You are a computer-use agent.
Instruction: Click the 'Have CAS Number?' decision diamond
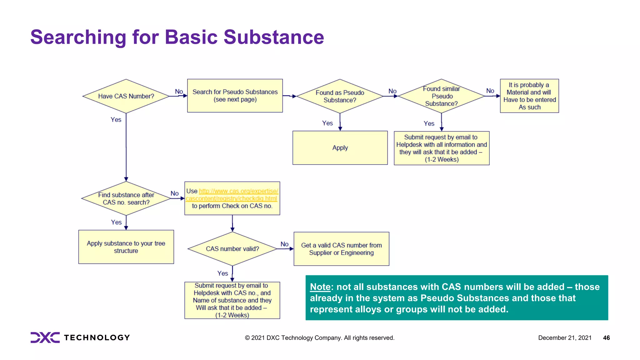pos(126,96)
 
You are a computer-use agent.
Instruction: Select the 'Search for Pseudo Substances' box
pos(235,96)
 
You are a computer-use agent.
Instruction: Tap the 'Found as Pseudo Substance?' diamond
pos(340,96)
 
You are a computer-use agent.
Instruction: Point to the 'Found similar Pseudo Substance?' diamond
pos(441,96)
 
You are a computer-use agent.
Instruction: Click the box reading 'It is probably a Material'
pos(529,96)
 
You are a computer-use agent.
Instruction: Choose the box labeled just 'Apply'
pos(340,148)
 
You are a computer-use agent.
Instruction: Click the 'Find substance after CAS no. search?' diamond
pos(126,198)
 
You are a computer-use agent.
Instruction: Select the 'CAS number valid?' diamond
pos(232,249)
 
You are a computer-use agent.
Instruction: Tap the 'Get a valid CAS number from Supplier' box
pos(341,249)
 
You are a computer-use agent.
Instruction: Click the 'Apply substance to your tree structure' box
pos(126,247)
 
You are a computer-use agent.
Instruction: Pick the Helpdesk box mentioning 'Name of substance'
pos(232,300)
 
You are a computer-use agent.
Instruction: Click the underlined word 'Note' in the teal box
pos(320,287)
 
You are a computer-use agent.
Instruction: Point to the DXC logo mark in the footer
pos(45,337)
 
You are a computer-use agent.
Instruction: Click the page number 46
pos(606,338)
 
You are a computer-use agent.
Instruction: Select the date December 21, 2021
pos(565,338)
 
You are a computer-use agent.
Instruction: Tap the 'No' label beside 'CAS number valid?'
pos(284,244)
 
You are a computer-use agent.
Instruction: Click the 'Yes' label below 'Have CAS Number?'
pos(116,120)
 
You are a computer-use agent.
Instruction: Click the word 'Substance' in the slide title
pos(274,37)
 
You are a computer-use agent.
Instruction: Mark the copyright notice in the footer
pos(319,338)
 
